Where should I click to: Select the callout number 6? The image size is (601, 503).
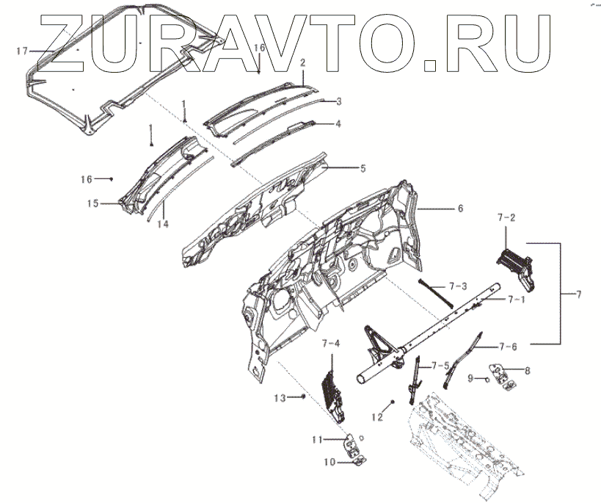pos(460,209)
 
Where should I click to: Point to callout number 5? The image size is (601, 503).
pos(362,168)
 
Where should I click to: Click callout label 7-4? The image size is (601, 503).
pos(331,343)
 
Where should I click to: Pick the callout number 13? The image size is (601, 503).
pos(280,398)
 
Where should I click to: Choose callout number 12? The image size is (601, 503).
pos(377,417)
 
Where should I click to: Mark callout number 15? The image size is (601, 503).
pos(93,203)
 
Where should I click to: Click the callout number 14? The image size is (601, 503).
pos(163,223)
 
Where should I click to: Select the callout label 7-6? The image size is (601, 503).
pos(508,346)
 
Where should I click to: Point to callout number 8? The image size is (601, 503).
pos(527,370)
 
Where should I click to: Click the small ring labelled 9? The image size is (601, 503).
pos(487,380)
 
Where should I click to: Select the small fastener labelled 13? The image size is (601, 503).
pos(302,397)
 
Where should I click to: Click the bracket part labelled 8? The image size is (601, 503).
pos(504,376)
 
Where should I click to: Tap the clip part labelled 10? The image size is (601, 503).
pos(357,460)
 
